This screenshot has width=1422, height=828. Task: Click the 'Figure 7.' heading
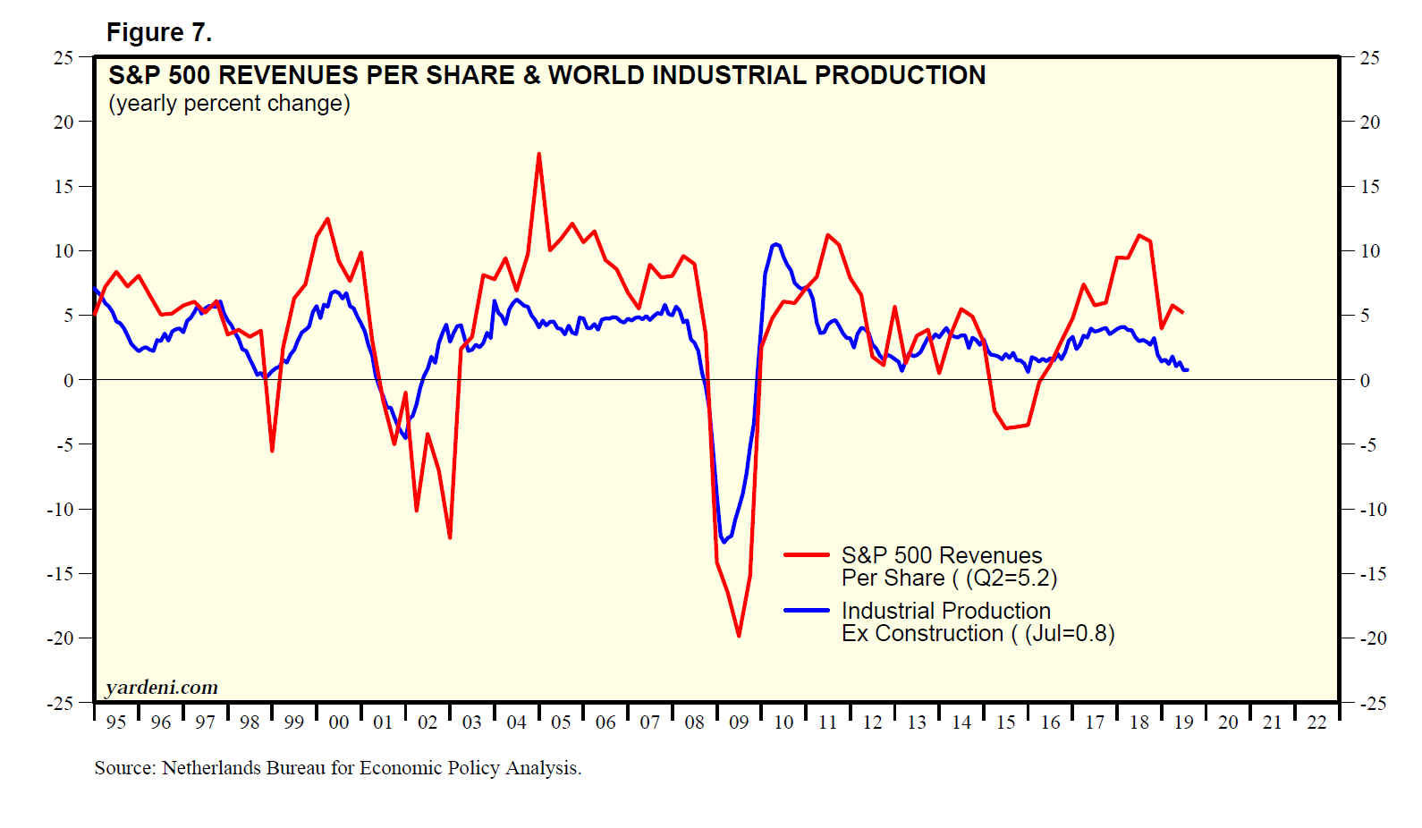pos(159,33)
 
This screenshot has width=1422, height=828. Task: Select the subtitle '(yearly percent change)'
pos(229,104)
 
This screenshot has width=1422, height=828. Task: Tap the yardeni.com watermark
pos(162,687)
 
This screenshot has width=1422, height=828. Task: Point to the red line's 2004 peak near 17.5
pos(538,154)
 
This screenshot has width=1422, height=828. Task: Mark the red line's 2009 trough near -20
pos(739,636)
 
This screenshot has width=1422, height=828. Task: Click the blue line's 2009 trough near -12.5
pos(724,542)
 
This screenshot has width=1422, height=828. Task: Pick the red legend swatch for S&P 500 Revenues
pos(806,554)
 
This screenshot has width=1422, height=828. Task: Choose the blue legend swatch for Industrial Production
pos(806,610)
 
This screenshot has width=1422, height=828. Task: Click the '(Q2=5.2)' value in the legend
pos(1011,579)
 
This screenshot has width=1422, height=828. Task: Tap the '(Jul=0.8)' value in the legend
pos(1070,634)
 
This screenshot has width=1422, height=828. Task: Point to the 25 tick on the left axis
pos(63,58)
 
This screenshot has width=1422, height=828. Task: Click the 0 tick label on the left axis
pos(69,381)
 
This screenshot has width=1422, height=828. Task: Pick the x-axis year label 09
pos(739,722)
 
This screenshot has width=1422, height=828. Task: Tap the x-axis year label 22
pos(1316,722)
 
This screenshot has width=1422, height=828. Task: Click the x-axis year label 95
pos(116,722)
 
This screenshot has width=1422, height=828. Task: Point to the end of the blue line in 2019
pos(1187,369)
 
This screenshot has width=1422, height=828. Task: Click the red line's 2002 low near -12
pos(450,537)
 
